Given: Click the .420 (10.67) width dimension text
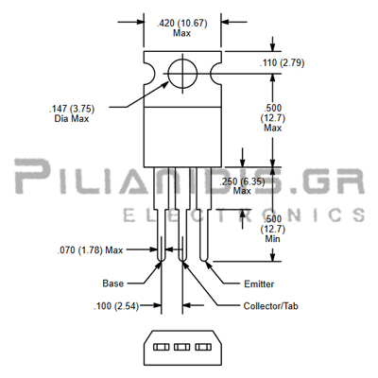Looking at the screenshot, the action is pos(182,24).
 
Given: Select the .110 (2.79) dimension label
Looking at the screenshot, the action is pos(282,63).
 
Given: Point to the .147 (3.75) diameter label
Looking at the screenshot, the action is pos(72,109).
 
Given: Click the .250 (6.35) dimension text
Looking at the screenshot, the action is pos(242,181).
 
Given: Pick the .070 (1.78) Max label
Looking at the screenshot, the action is pos(90,250).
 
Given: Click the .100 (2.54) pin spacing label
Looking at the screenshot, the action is pos(116,306).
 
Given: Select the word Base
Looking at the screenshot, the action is pos(112,283).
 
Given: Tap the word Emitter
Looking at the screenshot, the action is pos(259,284).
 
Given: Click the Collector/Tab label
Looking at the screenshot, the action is pos(271,306).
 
